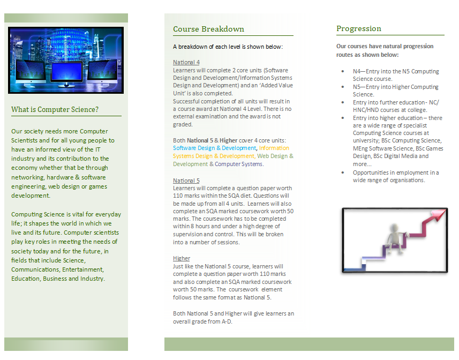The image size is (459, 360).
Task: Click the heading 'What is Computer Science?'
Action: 55,110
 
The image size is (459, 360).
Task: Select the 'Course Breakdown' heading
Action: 208,29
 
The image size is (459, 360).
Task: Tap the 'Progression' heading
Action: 359,28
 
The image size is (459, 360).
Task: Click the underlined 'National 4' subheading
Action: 186,62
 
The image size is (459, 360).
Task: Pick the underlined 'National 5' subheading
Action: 186,181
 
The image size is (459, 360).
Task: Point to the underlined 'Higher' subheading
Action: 182,258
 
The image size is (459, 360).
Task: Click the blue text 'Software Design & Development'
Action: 214,148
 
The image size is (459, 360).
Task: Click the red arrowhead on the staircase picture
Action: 439,215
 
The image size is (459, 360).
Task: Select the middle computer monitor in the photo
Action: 66,73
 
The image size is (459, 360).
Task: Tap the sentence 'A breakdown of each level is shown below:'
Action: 228,47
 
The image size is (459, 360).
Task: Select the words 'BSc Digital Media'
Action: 397,156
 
